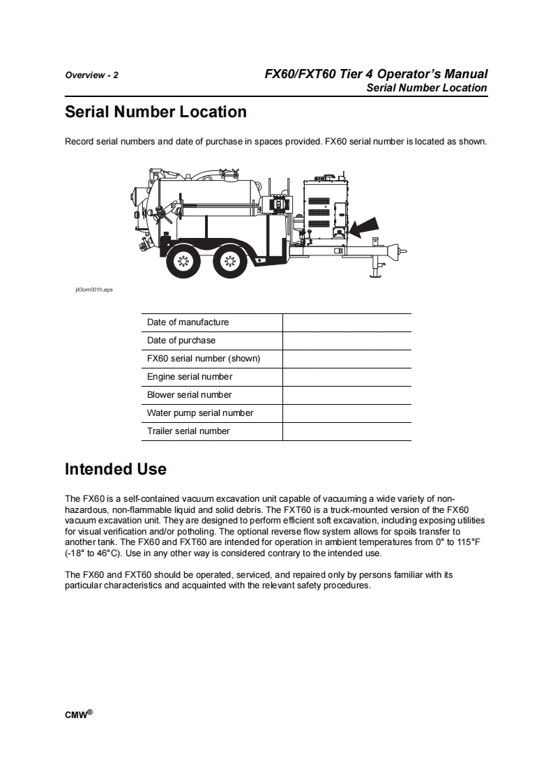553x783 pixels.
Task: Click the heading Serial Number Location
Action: pos(156,112)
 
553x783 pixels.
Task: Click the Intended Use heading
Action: pos(116,469)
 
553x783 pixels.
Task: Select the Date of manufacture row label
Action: pos(188,322)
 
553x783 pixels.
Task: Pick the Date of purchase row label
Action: pos(181,341)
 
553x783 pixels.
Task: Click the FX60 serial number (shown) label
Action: pos(204,359)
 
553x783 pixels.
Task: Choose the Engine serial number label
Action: pos(190,377)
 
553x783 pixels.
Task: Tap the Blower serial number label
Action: pos(189,395)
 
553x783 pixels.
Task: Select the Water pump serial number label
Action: pos(200,413)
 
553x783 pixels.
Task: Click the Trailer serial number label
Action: pos(188,431)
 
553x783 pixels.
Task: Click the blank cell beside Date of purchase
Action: pos(347,341)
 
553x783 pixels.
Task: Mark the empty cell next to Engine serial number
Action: pos(347,377)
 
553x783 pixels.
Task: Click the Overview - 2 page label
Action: pos(91,75)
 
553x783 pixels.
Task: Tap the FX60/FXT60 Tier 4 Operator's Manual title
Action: pos(376,74)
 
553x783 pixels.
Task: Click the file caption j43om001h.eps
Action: pos(94,289)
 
